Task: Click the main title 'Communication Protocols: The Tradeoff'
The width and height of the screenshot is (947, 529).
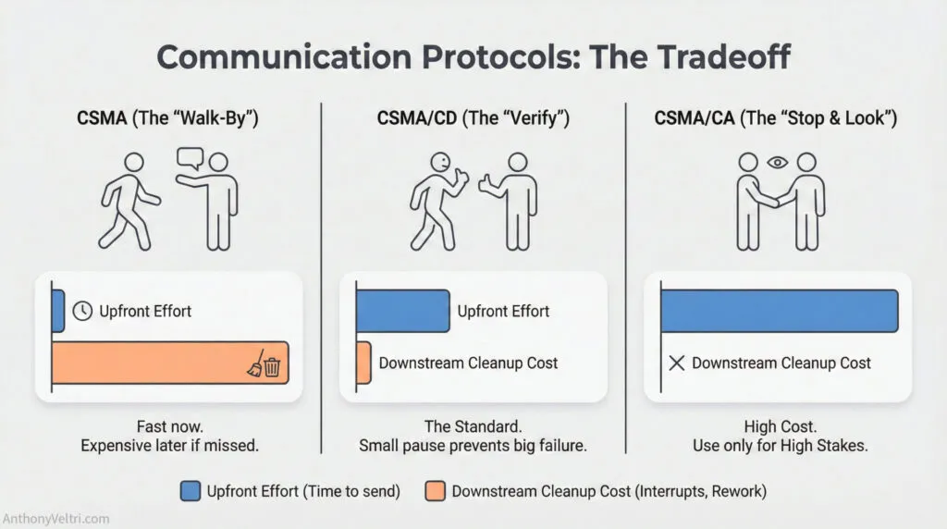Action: (x=473, y=57)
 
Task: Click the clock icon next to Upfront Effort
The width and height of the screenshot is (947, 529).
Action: (x=82, y=311)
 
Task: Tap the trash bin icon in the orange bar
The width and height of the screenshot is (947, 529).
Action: (x=272, y=368)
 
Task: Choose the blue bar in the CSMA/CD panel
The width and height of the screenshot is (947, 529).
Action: (x=401, y=311)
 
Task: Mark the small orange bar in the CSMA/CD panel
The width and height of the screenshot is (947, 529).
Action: (x=363, y=363)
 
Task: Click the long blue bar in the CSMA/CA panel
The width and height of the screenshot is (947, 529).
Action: (x=779, y=311)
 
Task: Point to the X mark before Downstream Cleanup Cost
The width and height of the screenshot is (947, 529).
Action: (x=676, y=363)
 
